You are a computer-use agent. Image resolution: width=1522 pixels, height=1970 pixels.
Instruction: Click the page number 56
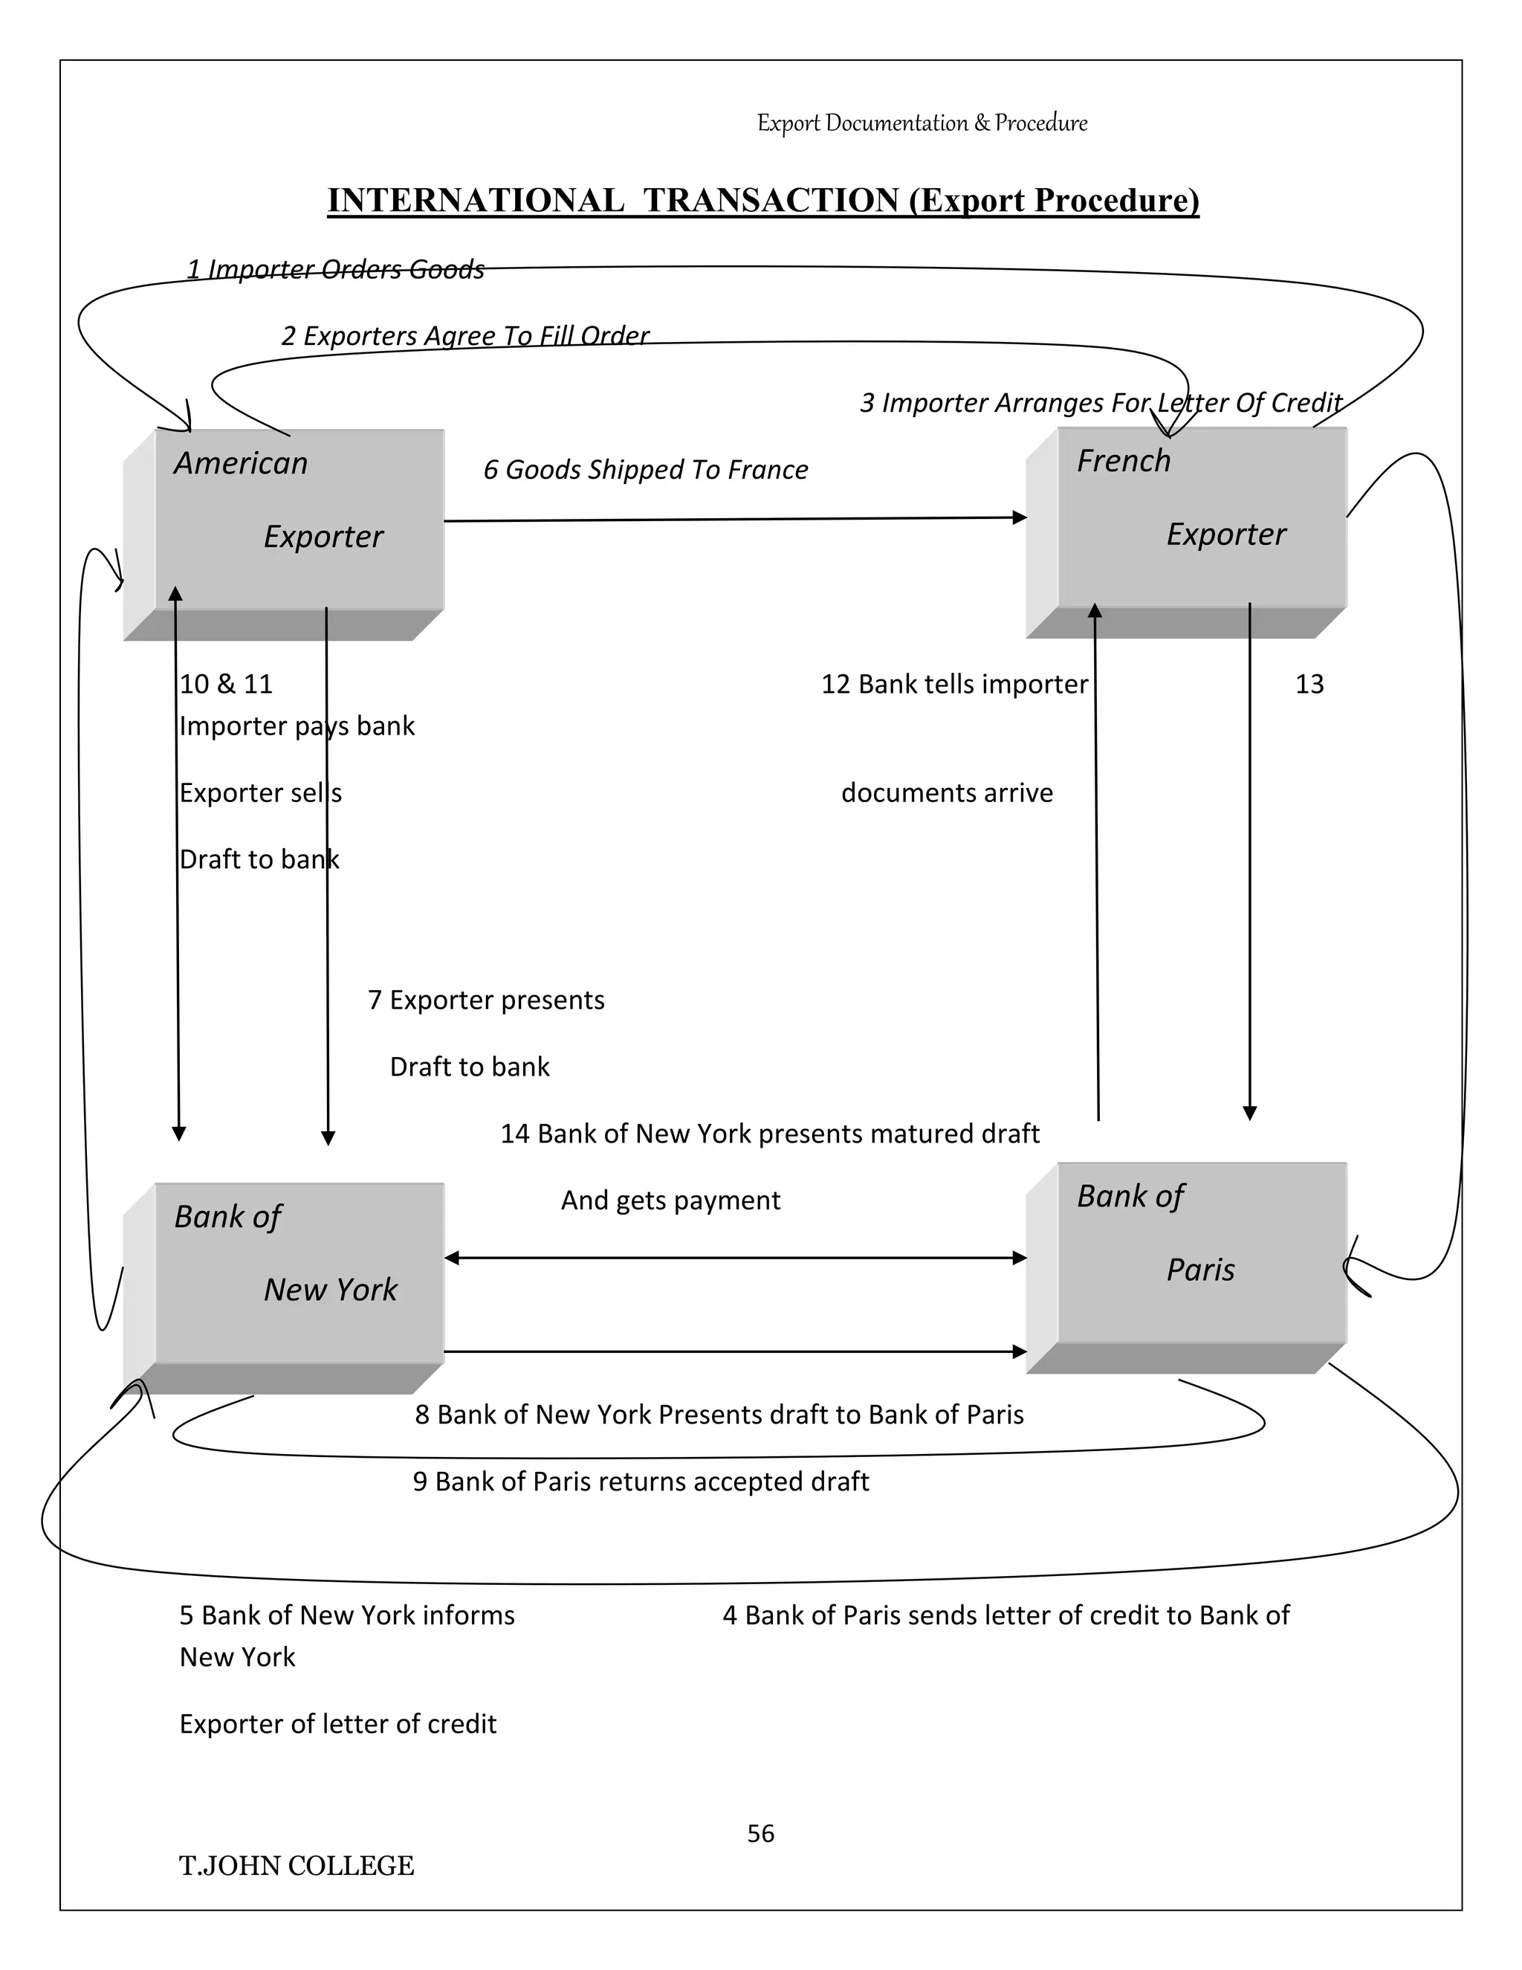click(x=760, y=1833)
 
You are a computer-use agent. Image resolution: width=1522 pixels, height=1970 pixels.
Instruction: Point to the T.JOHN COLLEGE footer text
click(x=296, y=1865)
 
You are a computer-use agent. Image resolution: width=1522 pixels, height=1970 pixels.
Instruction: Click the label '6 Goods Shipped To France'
click(x=646, y=469)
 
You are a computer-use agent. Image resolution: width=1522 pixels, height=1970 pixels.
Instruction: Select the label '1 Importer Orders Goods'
click(x=335, y=269)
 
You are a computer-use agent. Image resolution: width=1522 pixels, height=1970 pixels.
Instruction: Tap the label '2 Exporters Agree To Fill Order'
click(x=464, y=335)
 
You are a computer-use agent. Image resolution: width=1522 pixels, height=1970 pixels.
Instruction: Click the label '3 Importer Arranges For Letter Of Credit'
click(x=1100, y=402)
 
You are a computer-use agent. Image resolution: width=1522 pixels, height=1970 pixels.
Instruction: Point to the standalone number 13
click(x=1309, y=684)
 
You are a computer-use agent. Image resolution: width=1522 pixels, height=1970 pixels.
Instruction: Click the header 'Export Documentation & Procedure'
click(x=922, y=123)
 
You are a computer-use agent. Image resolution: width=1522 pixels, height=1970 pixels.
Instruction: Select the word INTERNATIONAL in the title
click(x=475, y=200)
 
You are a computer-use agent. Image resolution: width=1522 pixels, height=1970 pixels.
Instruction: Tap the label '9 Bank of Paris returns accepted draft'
click(x=640, y=1481)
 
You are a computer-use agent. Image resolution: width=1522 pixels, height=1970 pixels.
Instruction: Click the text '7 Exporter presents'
click(x=486, y=999)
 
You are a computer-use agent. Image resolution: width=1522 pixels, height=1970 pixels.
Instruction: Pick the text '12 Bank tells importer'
click(x=954, y=684)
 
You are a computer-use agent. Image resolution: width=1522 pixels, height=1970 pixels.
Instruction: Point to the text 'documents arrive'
click(x=947, y=792)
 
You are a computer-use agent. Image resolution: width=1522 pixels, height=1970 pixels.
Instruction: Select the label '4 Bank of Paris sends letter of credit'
click(x=1006, y=1615)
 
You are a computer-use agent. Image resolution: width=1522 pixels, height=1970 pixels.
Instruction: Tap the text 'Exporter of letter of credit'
click(x=337, y=1723)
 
